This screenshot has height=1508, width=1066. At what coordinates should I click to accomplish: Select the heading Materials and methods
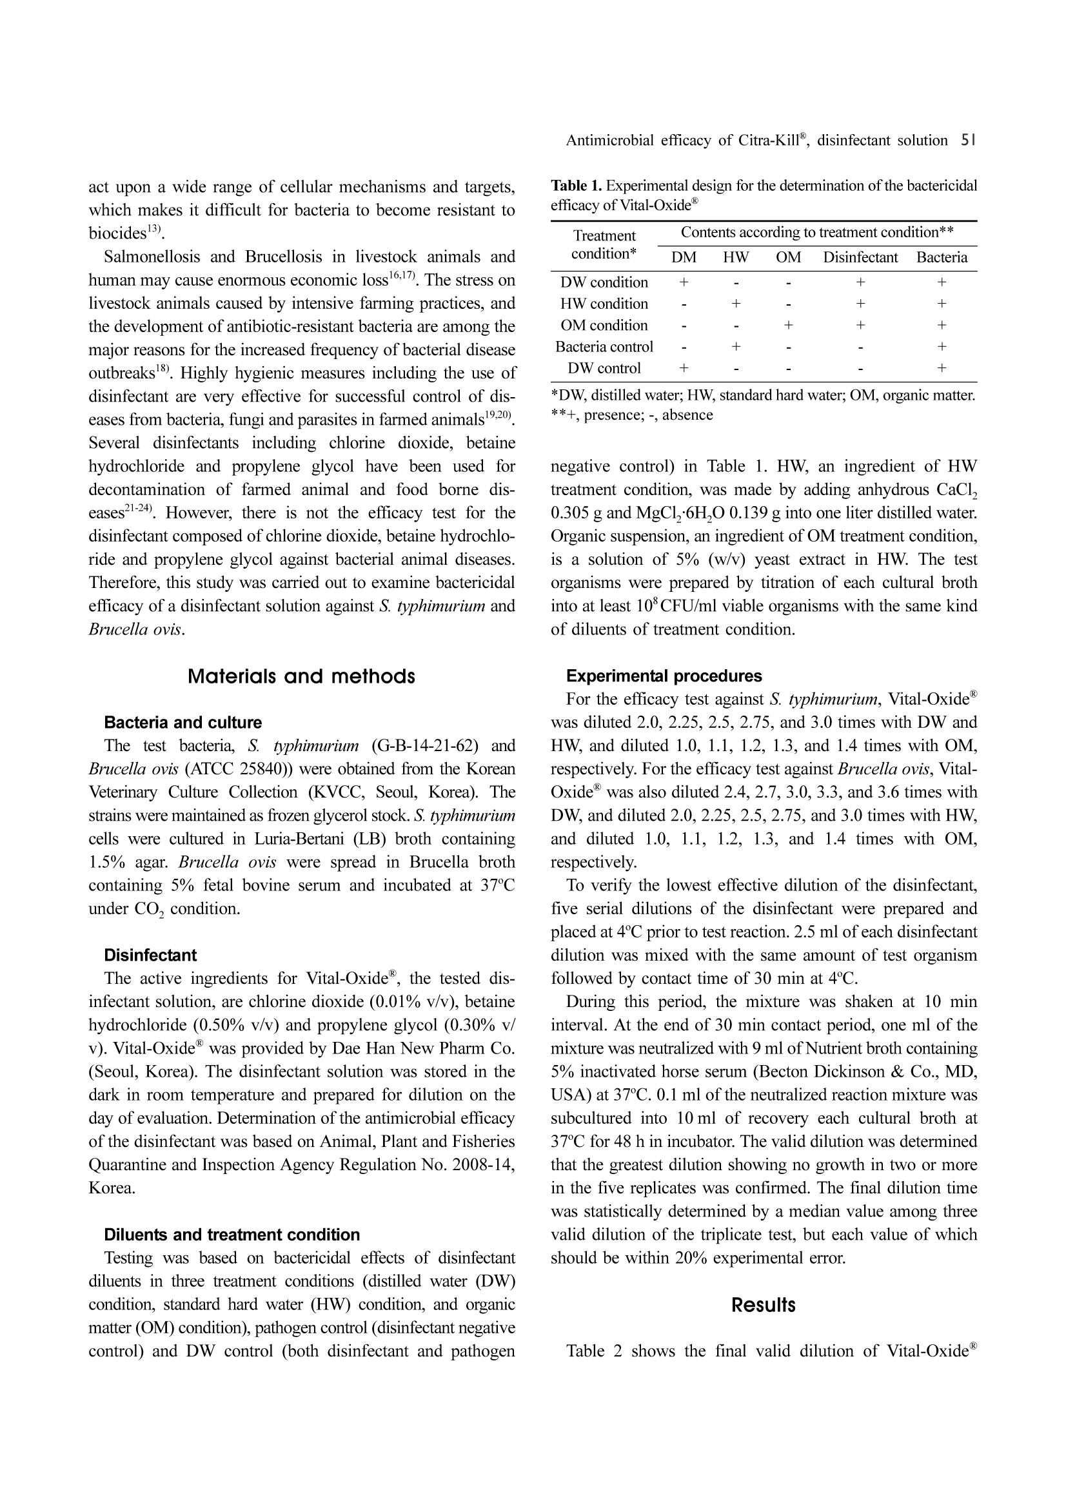301,676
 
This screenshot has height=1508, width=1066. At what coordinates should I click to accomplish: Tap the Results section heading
763,1305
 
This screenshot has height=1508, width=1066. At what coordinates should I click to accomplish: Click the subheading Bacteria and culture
183,723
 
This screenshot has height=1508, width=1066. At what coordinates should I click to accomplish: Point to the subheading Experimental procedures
664,676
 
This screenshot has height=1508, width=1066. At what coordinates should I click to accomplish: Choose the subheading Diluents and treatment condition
232,1235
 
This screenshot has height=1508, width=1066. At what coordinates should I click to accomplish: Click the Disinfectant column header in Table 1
860,257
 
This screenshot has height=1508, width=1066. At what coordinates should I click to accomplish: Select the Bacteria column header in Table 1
942,257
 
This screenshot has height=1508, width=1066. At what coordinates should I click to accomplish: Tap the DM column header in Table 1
684,257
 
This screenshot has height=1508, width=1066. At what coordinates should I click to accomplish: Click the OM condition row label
604,325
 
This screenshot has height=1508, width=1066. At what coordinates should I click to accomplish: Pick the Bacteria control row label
604,347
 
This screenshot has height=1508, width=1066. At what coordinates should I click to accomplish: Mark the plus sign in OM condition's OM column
788,325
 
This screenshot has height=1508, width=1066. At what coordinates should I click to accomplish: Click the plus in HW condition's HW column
736,304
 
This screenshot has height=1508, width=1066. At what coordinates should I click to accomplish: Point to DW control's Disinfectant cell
860,369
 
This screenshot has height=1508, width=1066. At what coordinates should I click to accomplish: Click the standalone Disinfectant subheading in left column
150,955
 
